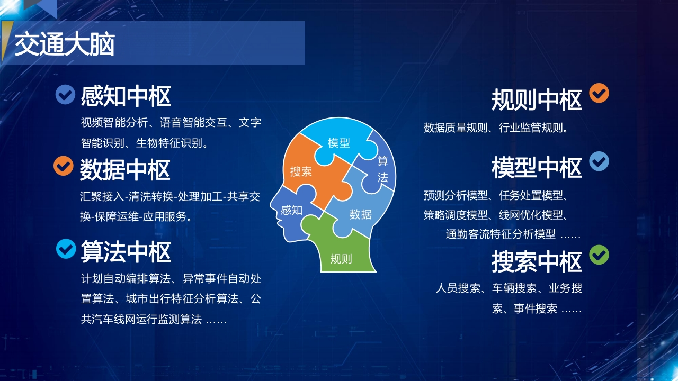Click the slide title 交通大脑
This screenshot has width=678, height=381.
point(65,44)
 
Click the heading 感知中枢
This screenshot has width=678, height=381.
point(126,96)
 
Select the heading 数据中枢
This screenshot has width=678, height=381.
point(125,170)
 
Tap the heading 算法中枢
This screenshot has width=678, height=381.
point(126,252)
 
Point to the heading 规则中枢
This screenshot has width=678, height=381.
point(537,100)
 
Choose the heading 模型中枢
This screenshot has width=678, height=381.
point(537,168)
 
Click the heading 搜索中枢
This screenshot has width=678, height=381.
point(537,262)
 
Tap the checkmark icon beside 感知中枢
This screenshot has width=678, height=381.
point(65,95)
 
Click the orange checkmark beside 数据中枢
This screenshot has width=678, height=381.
point(64,166)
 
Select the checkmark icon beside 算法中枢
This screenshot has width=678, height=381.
point(66,249)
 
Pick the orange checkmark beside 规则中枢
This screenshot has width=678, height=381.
point(599,93)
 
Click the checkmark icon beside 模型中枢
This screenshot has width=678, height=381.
point(599,161)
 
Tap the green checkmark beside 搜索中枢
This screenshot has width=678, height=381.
point(599,255)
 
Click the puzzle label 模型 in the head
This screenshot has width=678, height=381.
point(338,143)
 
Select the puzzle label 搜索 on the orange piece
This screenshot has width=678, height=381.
point(301,172)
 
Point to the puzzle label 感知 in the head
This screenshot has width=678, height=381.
point(291,210)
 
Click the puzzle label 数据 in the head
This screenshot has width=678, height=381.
point(361,215)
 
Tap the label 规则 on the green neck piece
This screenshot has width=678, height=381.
point(341,259)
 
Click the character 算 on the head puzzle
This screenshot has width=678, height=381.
point(383,161)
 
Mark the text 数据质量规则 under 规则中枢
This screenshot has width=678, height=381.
point(456,128)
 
